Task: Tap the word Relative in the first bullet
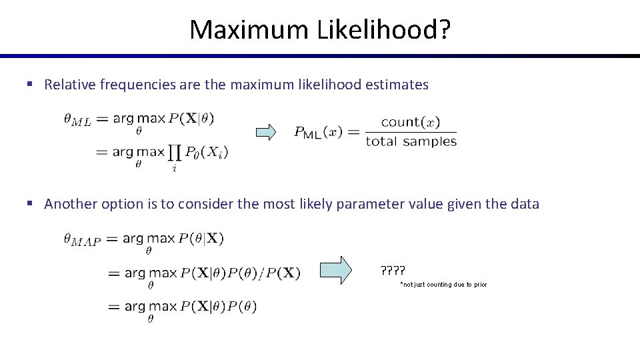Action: click(x=70, y=85)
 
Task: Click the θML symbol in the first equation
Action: click(x=77, y=120)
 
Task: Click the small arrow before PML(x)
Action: click(x=266, y=132)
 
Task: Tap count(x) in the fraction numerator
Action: click(x=410, y=122)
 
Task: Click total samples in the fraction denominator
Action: click(x=411, y=141)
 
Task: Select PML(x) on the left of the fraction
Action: click(x=318, y=131)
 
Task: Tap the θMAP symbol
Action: click(x=82, y=239)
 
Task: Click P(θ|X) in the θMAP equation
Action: click(x=201, y=238)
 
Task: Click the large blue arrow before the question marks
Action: click(x=335, y=270)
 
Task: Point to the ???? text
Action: click(x=393, y=271)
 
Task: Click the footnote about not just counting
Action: click(x=443, y=285)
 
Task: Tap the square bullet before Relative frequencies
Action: click(x=29, y=85)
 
